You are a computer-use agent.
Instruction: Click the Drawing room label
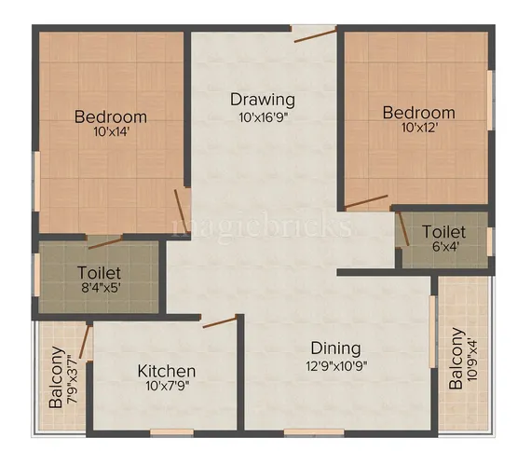264,100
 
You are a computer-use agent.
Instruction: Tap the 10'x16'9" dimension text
264,117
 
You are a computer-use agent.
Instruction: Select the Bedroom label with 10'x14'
111,116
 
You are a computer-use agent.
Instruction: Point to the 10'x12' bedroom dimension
418,131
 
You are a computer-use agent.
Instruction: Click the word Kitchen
167,370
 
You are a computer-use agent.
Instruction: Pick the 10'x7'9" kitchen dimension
167,386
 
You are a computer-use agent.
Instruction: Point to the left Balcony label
57,377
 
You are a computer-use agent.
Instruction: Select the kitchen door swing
221,322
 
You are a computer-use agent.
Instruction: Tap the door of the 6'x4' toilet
402,227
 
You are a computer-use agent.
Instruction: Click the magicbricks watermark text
264,225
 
